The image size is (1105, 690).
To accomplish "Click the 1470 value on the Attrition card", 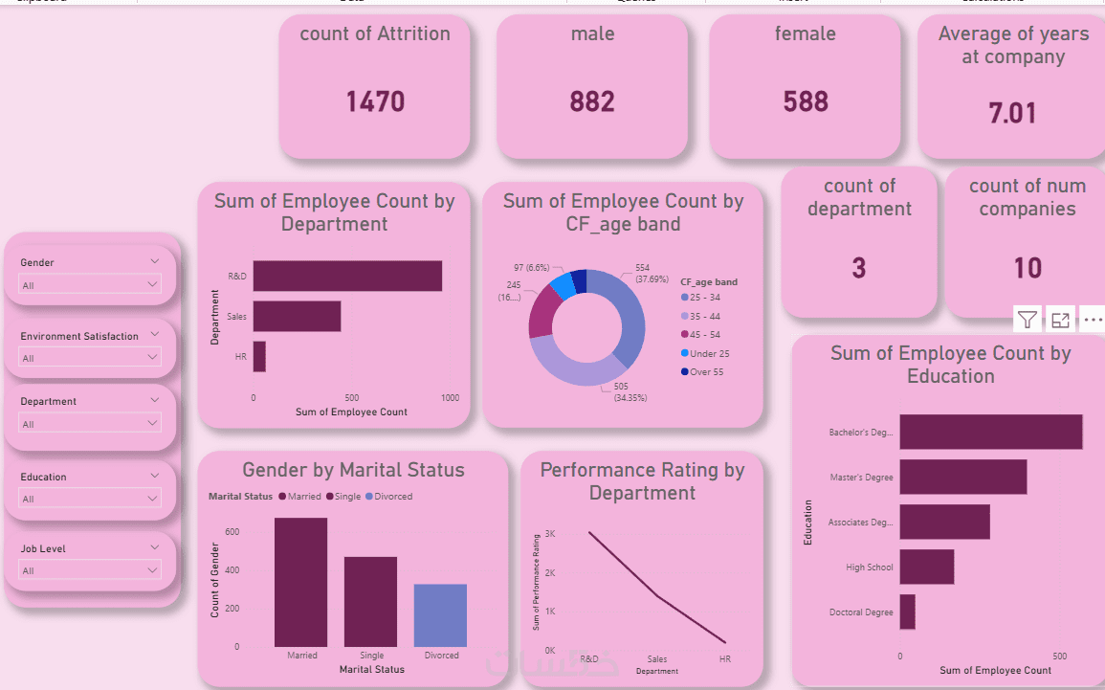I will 375,101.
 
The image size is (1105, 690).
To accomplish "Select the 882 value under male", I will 592,101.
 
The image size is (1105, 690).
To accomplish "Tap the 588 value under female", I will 806,101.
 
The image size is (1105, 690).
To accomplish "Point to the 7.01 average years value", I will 1012,114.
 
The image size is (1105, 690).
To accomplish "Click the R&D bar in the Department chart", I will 347,276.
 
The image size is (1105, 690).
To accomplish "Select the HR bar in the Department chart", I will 259,356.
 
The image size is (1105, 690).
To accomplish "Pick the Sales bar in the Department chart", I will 297,316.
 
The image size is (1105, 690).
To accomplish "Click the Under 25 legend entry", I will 709,353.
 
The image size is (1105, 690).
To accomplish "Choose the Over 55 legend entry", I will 707,371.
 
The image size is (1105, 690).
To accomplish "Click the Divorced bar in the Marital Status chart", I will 440,615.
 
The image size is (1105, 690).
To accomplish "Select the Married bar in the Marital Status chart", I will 300,582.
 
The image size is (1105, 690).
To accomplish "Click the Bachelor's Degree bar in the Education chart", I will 990,432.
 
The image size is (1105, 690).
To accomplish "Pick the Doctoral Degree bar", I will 907,612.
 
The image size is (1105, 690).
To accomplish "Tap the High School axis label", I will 869,568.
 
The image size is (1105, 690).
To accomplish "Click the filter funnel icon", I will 1027,320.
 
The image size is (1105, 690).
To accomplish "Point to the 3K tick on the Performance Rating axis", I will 551,534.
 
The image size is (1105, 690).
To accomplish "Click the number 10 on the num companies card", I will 1028,268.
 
